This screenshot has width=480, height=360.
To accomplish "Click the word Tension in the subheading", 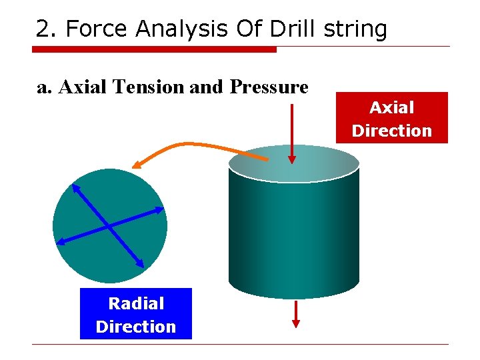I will [x=150, y=87].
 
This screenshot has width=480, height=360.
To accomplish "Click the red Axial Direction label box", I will [x=391, y=118].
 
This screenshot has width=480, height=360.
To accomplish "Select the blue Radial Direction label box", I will [x=135, y=314].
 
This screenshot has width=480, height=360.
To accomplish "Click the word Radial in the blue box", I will [x=135, y=303].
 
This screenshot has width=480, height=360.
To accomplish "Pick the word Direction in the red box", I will [x=391, y=130].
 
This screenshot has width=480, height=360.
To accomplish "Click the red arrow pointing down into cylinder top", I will [x=291, y=133].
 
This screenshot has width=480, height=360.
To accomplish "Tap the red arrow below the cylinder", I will [x=296, y=313].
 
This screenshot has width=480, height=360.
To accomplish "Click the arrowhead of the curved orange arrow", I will [x=137, y=165].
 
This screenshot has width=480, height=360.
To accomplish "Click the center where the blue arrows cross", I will [x=109, y=226].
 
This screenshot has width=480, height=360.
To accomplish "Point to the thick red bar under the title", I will [x=154, y=49].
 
